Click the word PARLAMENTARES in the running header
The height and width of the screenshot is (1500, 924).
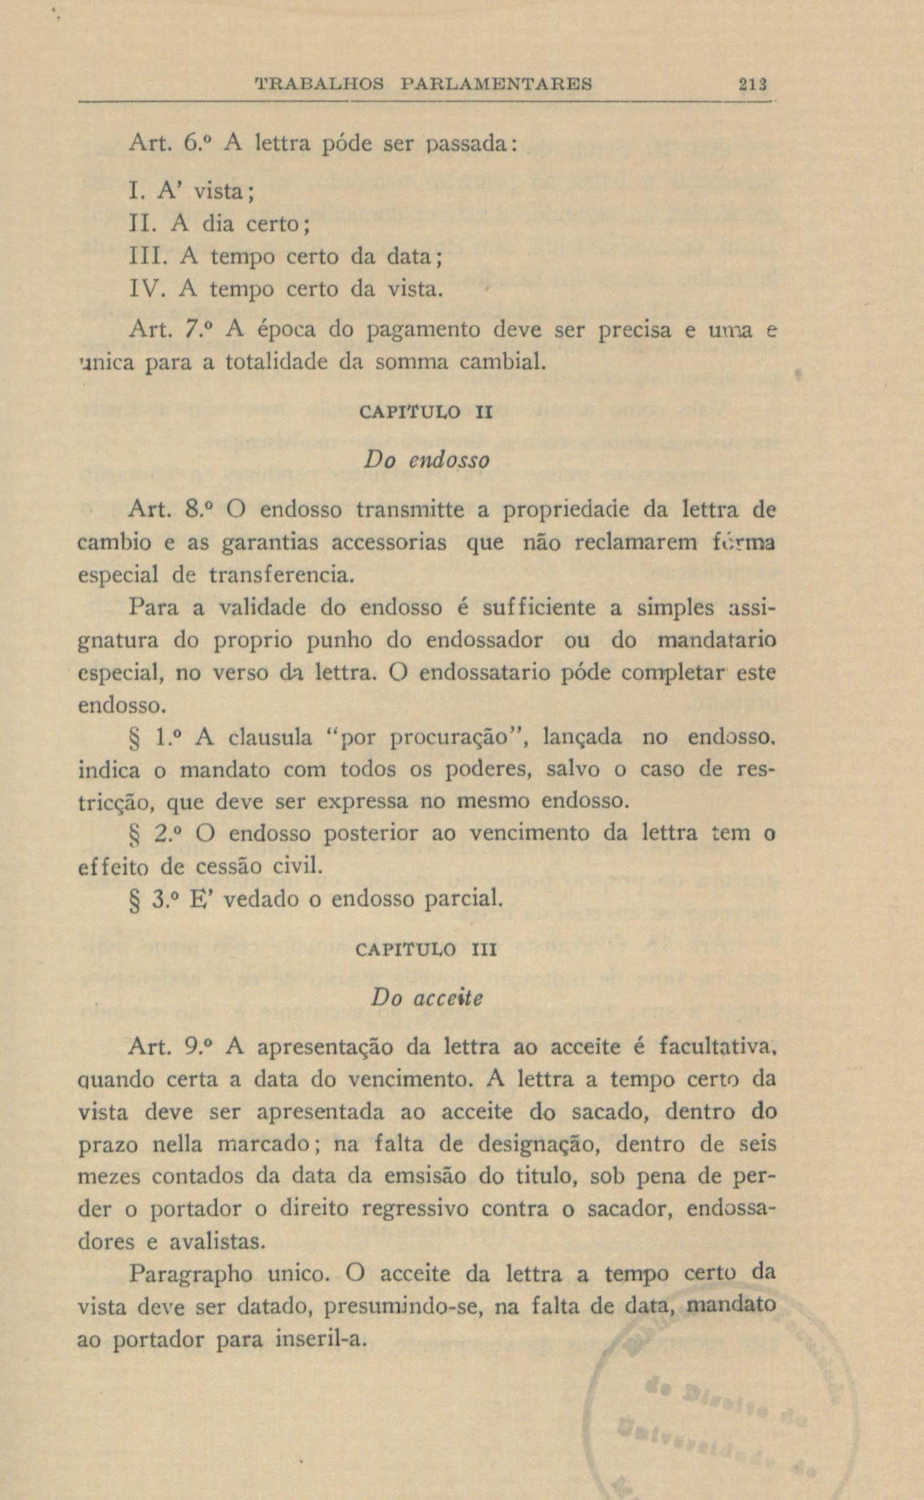pos(496,83)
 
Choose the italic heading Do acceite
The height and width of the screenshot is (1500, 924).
pos(427,998)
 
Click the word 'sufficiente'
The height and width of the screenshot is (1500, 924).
pos(538,608)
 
